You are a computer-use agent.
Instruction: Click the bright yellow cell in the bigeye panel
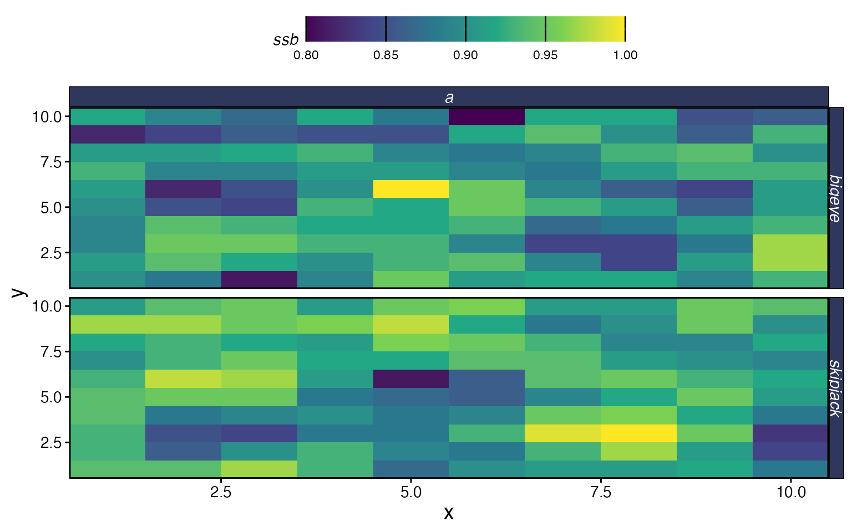(x=410, y=189)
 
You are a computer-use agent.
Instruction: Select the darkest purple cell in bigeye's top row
(x=486, y=117)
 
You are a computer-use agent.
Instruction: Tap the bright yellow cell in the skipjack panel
(x=638, y=433)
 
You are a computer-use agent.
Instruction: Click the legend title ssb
(x=286, y=40)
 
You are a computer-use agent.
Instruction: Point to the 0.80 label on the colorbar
(x=306, y=55)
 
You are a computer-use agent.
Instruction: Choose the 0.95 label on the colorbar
(x=545, y=55)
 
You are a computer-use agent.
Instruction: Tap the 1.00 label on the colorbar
(x=625, y=55)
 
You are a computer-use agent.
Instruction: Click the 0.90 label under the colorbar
(x=465, y=55)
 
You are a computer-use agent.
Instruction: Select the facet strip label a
(x=449, y=98)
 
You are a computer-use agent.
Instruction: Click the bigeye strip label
(x=835, y=198)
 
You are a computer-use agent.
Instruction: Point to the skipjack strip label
(x=835, y=387)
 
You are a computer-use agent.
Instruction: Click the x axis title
(x=449, y=513)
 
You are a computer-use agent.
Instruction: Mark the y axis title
(x=19, y=292)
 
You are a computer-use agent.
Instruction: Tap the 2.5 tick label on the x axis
(x=221, y=492)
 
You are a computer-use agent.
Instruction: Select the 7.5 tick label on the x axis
(x=601, y=492)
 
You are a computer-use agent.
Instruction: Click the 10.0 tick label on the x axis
(x=791, y=492)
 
